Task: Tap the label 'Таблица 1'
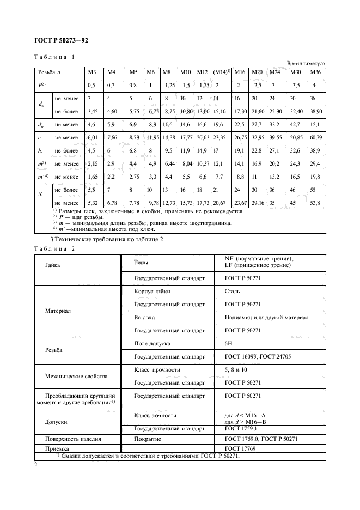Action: pos(54,57)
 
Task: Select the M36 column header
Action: pos(316,72)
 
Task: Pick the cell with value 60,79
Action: pos(316,138)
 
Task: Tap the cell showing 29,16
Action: pos(258,203)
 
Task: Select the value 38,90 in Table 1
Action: pos(316,111)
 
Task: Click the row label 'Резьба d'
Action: pos(50,72)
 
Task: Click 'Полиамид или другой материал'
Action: pos(266,317)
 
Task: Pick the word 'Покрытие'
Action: pos(149,439)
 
